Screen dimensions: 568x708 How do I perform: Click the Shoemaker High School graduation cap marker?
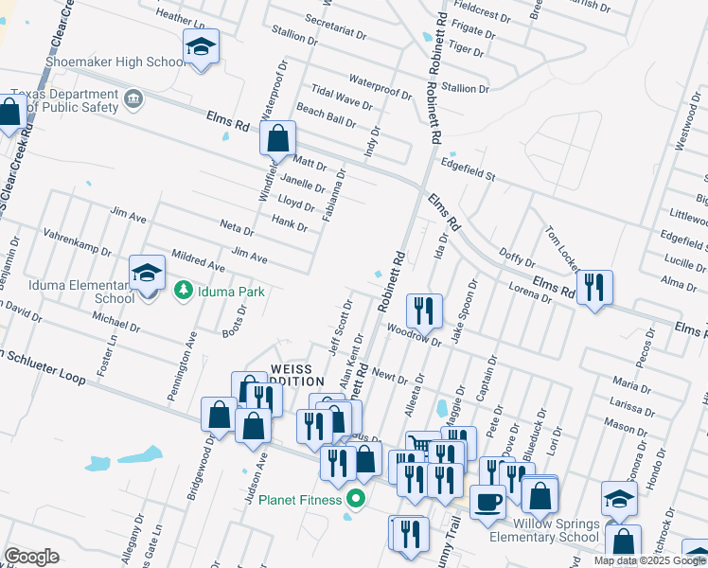pyautogui.click(x=201, y=47)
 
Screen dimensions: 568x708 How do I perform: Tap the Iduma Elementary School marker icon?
pyautogui.click(x=147, y=275)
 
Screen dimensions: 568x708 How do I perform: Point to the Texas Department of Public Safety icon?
pyautogui.click(x=133, y=98)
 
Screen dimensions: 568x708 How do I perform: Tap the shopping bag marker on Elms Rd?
pyautogui.click(x=278, y=138)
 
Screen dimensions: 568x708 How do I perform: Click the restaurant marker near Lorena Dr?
pyautogui.click(x=593, y=286)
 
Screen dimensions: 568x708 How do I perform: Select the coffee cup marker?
pyautogui.click(x=487, y=501)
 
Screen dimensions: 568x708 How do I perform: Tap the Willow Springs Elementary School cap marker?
pyautogui.click(x=620, y=498)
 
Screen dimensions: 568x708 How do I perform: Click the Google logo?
pyautogui.click(x=31, y=557)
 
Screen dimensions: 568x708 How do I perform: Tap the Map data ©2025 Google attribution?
pyautogui.click(x=649, y=560)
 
